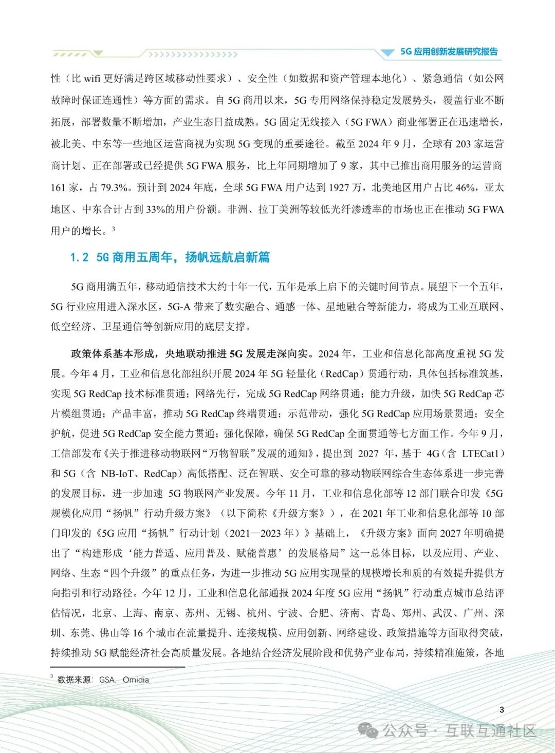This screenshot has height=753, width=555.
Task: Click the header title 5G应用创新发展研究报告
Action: (x=449, y=52)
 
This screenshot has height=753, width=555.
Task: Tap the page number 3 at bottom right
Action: (x=502, y=709)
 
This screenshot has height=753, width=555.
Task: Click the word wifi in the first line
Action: (x=92, y=79)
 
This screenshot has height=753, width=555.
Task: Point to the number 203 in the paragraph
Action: (x=463, y=144)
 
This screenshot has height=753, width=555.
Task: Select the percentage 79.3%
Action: (x=115, y=187)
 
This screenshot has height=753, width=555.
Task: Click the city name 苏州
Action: (x=195, y=613)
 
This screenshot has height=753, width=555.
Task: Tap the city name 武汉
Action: (x=442, y=613)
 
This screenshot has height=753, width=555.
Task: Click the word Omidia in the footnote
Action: (x=136, y=680)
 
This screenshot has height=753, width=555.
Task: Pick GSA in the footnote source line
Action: (x=107, y=680)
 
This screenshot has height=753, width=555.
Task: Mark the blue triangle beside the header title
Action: (x=387, y=52)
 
